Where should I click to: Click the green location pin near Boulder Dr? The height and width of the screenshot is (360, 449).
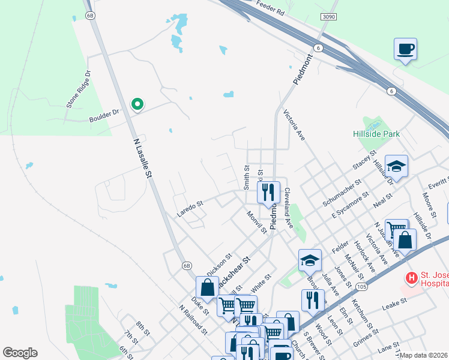pos(137,104)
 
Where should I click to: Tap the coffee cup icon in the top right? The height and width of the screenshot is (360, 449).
pos(406,49)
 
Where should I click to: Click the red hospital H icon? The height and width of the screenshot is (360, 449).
pos(411,278)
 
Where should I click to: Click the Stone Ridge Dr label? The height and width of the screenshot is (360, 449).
pos(79,90)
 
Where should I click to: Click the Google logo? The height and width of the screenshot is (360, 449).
pos(20,353)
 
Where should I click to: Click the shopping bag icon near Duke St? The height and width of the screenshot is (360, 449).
pos(207,287)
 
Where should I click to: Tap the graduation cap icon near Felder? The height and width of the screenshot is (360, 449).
pos(310,260)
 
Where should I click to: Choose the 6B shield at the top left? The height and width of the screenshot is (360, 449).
pos(91,16)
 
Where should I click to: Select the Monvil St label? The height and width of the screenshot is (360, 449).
pos(256,222)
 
